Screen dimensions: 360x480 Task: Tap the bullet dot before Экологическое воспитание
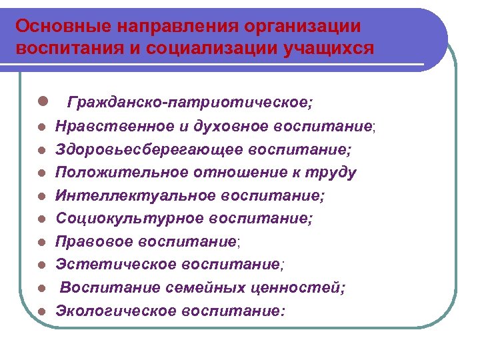point(42,311)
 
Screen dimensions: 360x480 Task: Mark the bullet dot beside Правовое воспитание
point(42,242)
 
